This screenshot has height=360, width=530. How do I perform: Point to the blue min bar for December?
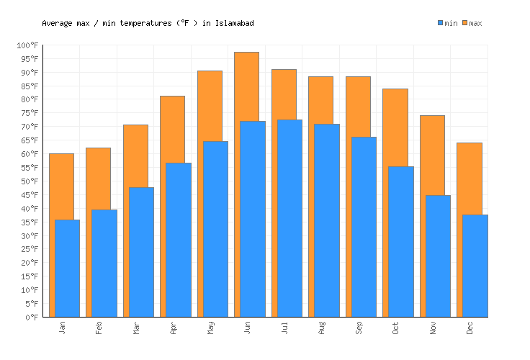pos(475,266)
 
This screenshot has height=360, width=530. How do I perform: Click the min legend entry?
pos(447,23)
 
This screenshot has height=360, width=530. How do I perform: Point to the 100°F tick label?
pos(27,45)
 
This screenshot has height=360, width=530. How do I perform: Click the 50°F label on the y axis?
pos(29,181)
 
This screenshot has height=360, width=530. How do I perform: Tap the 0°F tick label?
pos(32,317)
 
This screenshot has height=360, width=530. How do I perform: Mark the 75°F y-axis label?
pos(29,113)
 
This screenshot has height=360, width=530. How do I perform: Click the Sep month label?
pos(358,328)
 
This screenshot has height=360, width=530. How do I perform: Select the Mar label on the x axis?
pos(136,328)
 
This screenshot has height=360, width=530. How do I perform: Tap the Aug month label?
pos(321,328)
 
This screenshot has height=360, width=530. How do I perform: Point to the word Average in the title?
pos(57,23)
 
